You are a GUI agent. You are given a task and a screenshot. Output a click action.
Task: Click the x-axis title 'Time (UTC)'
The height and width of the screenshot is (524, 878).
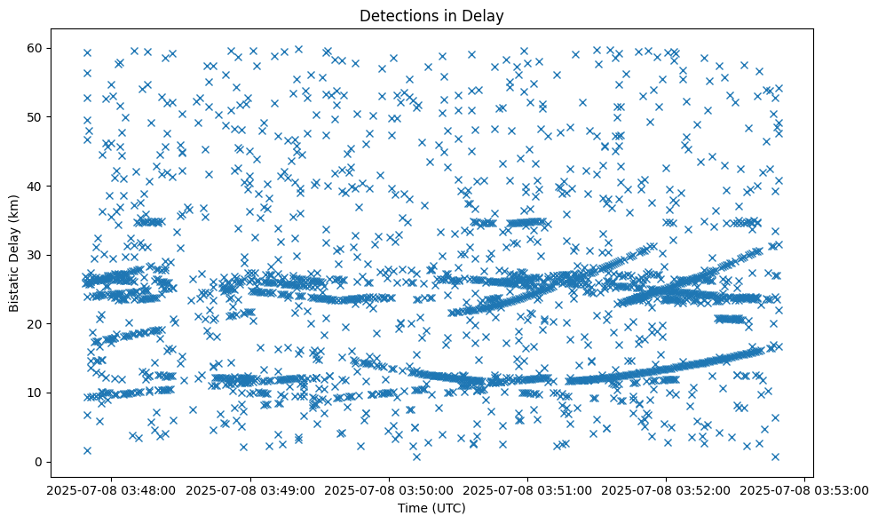(431, 508)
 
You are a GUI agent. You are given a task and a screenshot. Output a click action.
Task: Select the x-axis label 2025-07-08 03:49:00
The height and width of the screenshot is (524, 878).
(250, 489)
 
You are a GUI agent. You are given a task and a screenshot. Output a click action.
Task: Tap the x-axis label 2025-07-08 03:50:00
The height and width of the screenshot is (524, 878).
(389, 489)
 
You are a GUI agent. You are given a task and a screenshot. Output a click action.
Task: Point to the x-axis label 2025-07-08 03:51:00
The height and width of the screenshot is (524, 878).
(528, 489)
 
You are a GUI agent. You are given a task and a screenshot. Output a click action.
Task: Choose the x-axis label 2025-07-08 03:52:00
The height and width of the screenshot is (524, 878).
(667, 489)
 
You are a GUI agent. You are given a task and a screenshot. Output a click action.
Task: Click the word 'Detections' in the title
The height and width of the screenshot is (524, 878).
(392, 15)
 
